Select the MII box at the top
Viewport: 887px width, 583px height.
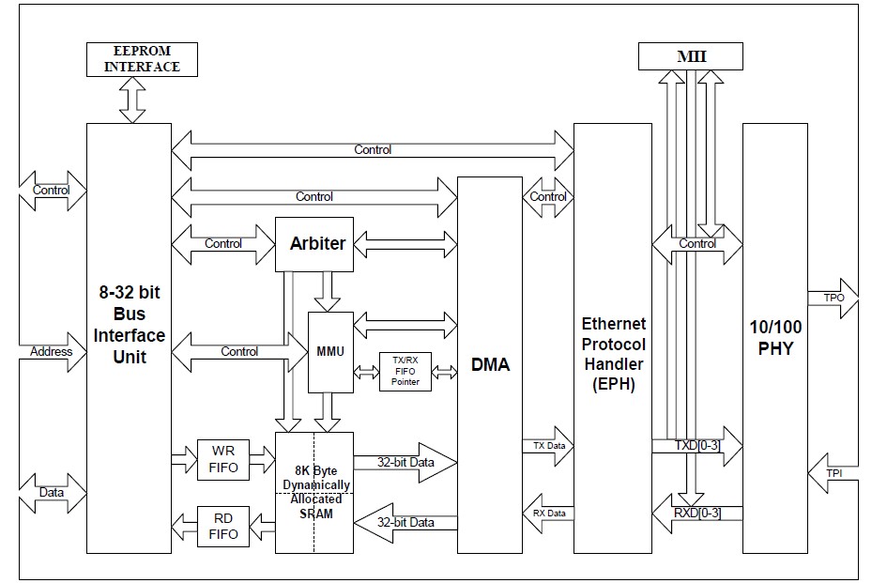click(x=692, y=56)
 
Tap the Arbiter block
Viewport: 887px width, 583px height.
click(x=317, y=244)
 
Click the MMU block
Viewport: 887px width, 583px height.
click(x=330, y=352)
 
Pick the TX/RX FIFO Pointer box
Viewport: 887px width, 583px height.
click(x=405, y=371)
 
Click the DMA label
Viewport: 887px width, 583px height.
click(x=490, y=364)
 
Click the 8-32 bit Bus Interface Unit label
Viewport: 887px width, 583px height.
click(x=129, y=325)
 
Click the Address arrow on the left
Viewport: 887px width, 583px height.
click(x=52, y=352)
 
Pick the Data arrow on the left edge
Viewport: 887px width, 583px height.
click(x=52, y=491)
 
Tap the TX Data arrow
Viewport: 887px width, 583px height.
click(x=548, y=445)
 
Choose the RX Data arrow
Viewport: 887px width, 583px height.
click(x=548, y=513)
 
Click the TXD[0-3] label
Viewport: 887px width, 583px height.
click(x=698, y=445)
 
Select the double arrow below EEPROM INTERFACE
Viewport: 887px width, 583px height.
click(x=132, y=100)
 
